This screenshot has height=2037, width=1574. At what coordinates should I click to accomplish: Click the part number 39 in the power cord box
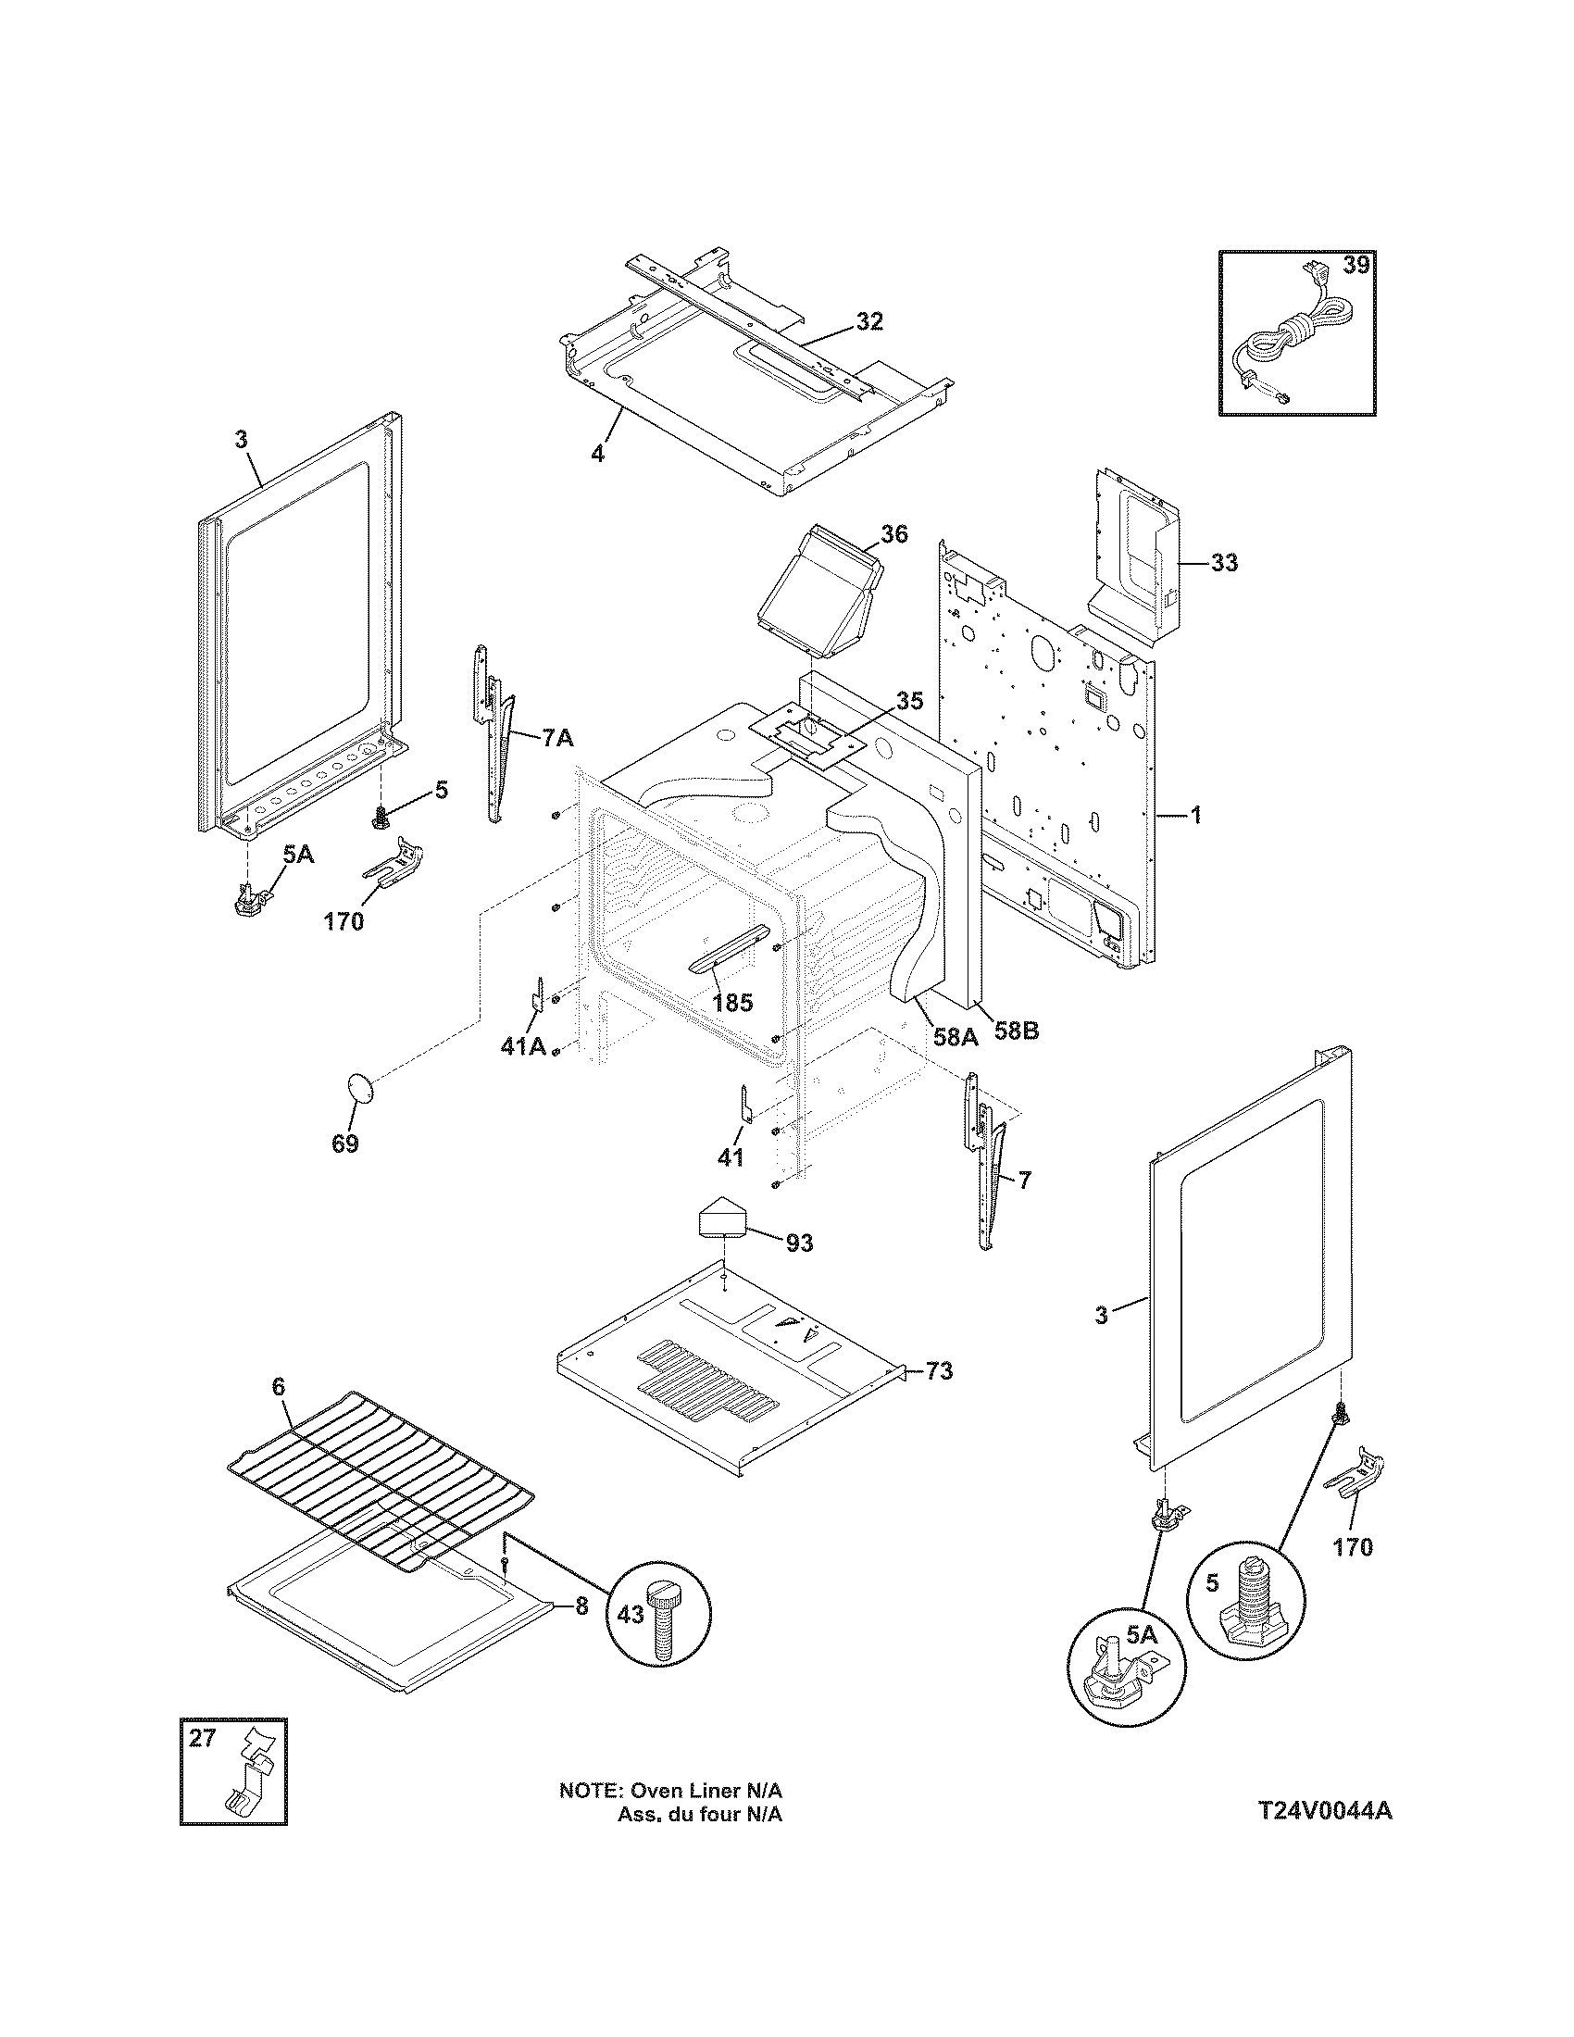tap(1355, 266)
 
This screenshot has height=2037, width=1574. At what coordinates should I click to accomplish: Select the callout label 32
tap(868, 322)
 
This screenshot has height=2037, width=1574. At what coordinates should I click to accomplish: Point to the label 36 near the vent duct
tap(893, 534)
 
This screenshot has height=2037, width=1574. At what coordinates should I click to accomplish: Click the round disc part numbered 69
tap(359, 1087)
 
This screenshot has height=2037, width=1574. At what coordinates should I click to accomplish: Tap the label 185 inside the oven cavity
tap(731, 1004)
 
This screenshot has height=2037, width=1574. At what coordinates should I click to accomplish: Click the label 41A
tap(522, 1046)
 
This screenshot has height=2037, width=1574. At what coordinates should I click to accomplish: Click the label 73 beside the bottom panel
tap(939, 1371)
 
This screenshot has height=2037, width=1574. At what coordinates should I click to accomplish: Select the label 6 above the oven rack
tap(278, 1413)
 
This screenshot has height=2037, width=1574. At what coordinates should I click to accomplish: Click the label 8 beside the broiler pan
tap(581, 1606)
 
